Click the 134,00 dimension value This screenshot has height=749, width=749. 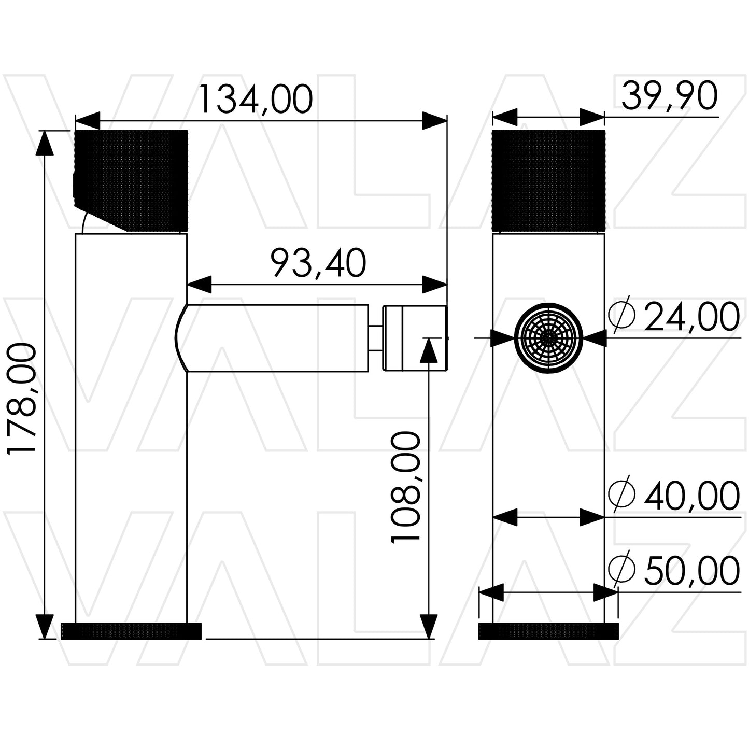(256, 100)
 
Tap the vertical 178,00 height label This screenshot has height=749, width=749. (22, 398)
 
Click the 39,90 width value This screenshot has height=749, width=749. (669, 96)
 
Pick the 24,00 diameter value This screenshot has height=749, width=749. (691, 317)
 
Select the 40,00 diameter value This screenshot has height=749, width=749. (691, 496)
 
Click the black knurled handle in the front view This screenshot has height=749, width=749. (548, 181)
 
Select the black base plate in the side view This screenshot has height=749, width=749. (131, 631)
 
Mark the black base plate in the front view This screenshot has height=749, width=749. (548, 631)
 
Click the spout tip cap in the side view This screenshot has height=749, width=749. (415, 338)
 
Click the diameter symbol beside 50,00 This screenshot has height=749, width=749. (621, 569)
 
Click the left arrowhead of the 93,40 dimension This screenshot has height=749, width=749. (200, 285)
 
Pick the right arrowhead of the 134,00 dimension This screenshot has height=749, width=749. (434, 121)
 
